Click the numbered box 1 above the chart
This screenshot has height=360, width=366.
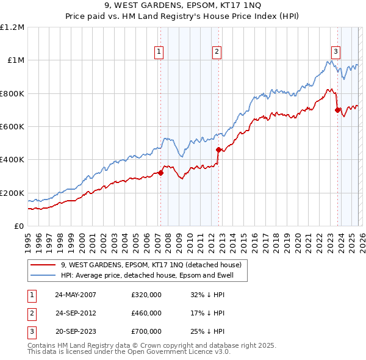(x=159, y=52)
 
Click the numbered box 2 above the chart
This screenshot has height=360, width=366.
(x=217, y=52)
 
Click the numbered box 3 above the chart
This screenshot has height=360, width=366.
(x=335, y=52)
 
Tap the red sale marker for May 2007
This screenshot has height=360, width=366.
(x=161, y=173)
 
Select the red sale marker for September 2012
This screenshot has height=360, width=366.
(x=218, y=149)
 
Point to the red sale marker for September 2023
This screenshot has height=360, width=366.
(x=337, y=110)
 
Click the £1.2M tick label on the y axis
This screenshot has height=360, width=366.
(x=12, y=27)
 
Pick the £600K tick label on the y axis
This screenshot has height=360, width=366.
(x=12, y=127)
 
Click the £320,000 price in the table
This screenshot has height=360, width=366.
(x=146, y=295)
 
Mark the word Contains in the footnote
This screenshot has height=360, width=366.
(x=42, y=345)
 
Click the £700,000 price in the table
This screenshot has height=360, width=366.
(x=146, y=331)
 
